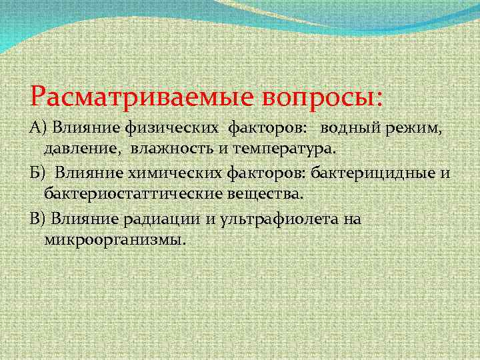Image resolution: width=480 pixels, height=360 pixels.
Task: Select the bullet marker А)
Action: point(39,127)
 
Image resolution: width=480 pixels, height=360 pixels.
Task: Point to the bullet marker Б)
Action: point(39,174)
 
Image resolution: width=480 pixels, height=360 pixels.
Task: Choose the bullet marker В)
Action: point(39,219)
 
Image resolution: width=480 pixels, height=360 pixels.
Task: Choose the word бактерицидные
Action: point(379,174)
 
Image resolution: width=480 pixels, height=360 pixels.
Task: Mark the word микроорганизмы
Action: point(113,239)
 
